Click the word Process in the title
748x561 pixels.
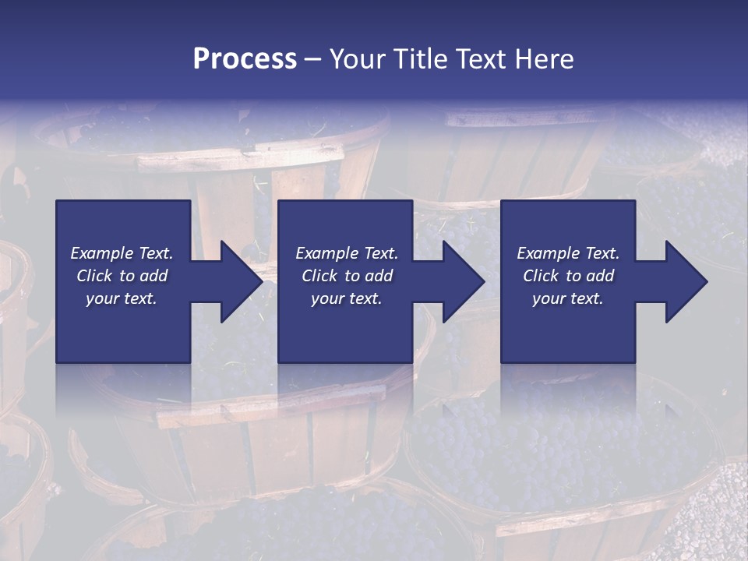pos(245,59)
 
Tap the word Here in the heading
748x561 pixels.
pos(545,59)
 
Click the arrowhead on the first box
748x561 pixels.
pos(238,281)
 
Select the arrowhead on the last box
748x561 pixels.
pos(684,281)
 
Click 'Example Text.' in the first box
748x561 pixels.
pos(122,253)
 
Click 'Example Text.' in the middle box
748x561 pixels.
pos(347,253)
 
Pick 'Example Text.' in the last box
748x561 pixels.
pos(568,253)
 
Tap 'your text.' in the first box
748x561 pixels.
pos(122,298)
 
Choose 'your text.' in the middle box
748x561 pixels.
pos(347,298)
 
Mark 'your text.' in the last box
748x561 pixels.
pos(568,298)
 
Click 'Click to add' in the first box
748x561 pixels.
pos(122,276)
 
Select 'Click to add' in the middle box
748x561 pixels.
pos(347,276)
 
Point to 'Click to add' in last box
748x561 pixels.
pos(568,276)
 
